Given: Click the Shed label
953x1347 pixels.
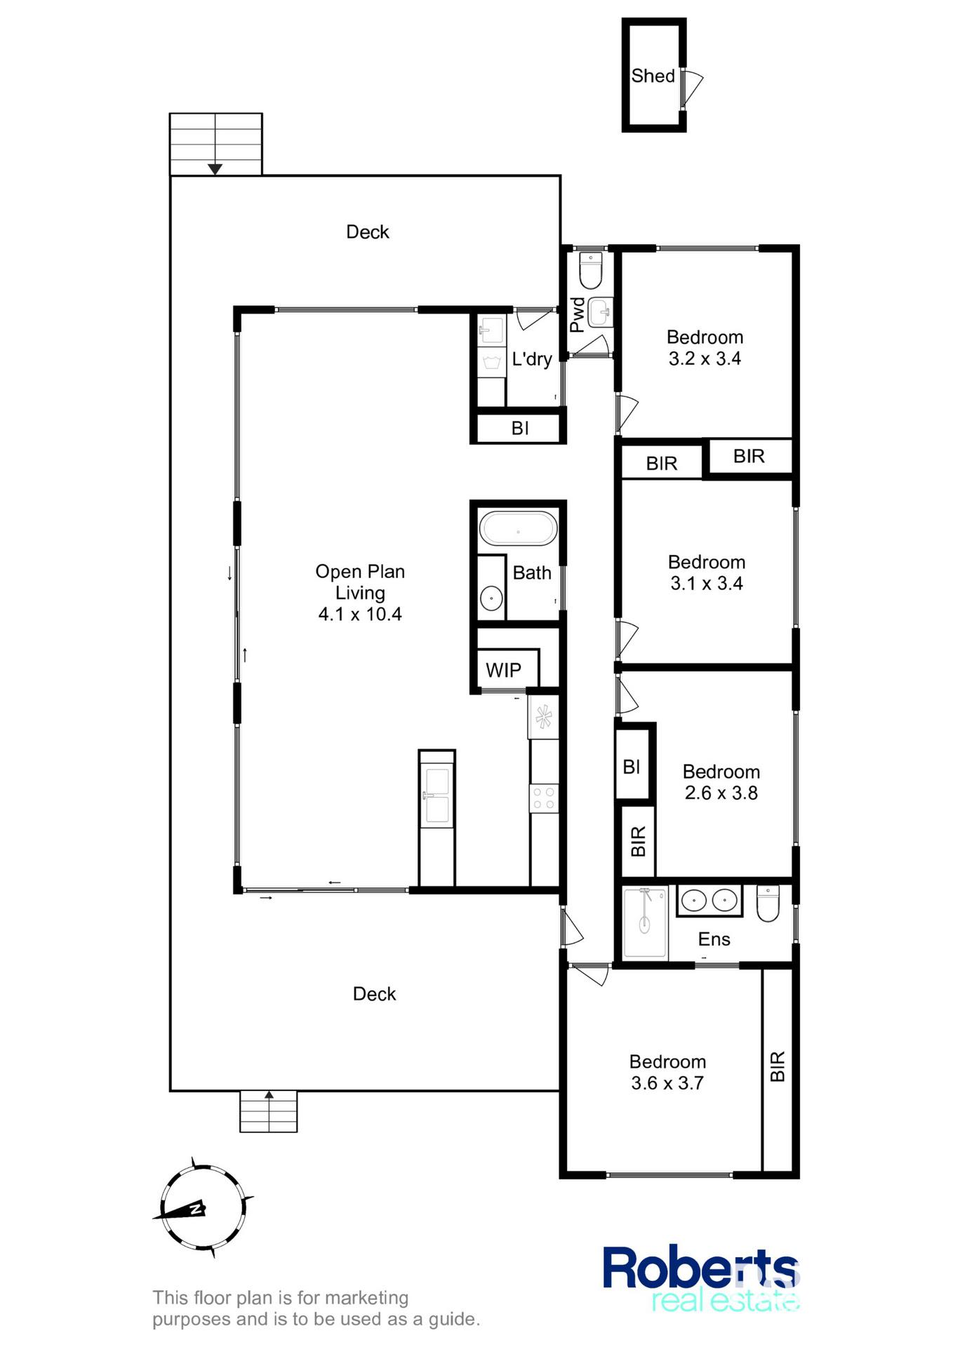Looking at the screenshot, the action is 653,76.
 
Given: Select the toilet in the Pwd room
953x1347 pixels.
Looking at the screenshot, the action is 590,271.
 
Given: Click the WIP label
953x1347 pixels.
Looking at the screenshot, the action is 503,670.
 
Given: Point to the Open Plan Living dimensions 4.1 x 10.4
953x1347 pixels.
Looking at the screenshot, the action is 360,615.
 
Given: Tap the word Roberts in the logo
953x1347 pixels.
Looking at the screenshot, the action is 700,1268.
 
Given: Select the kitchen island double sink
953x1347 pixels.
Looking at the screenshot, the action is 436,795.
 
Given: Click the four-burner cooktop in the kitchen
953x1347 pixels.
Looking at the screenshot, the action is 544,798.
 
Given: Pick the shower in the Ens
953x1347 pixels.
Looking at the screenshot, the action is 645,922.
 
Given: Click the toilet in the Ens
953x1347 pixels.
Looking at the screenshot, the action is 768,903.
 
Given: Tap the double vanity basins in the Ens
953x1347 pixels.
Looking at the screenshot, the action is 709,900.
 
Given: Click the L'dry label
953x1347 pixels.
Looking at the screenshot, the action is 532,359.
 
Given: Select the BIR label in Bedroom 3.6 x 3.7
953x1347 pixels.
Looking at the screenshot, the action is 778,1066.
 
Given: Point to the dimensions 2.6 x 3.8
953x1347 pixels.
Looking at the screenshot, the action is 721,793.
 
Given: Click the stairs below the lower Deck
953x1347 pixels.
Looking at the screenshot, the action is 268,1111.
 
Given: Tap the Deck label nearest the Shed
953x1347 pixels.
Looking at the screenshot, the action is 368,232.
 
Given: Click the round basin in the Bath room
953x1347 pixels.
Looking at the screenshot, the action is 491,598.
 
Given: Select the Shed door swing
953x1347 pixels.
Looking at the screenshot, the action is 692,88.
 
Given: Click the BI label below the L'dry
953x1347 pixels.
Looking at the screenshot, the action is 520,428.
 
